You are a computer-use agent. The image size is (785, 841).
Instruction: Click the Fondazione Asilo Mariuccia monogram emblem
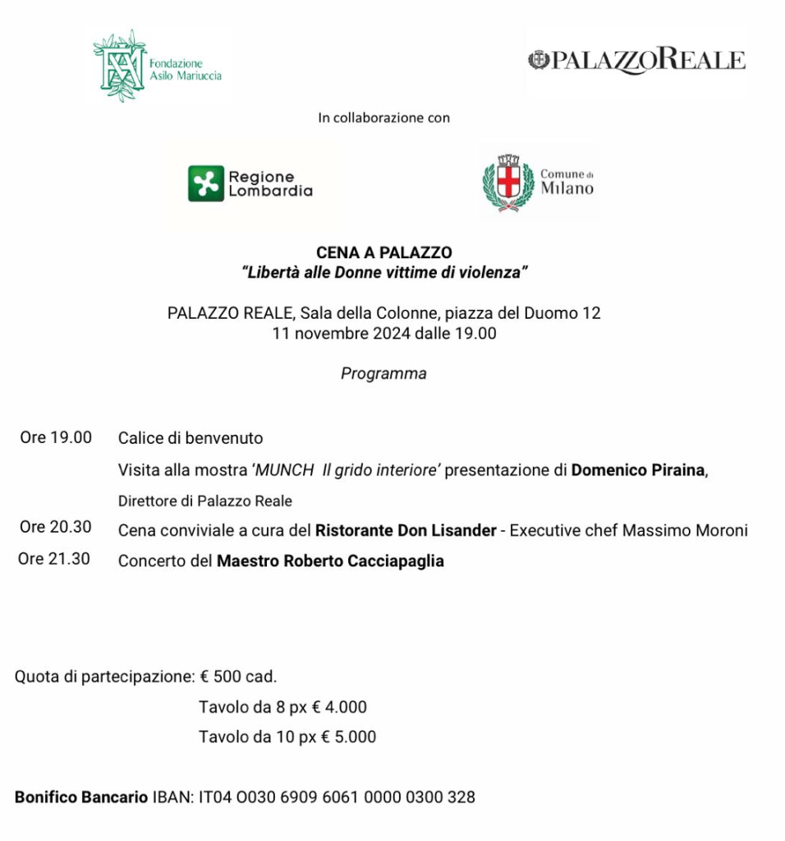(119, 66)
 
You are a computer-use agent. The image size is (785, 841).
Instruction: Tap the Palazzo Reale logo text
(637, 61)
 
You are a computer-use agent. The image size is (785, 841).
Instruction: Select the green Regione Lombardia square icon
(205, 183)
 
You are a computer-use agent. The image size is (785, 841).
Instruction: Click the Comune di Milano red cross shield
(509, 180)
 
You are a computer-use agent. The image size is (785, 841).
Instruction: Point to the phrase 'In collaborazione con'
(383, 118)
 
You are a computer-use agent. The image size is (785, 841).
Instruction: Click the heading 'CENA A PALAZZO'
(384, 253)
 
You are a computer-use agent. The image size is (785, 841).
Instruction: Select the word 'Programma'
(383, 373)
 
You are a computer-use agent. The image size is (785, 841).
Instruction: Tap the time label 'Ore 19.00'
(56, 437)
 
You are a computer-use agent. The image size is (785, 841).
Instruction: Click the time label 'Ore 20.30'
(56, 528)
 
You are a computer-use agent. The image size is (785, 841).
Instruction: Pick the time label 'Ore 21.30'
(54, 560)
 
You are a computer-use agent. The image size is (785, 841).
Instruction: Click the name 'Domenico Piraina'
(638, 470)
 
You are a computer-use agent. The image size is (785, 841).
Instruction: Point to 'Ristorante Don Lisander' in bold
(406, 530)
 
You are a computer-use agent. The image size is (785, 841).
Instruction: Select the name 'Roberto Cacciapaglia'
(364, 562)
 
